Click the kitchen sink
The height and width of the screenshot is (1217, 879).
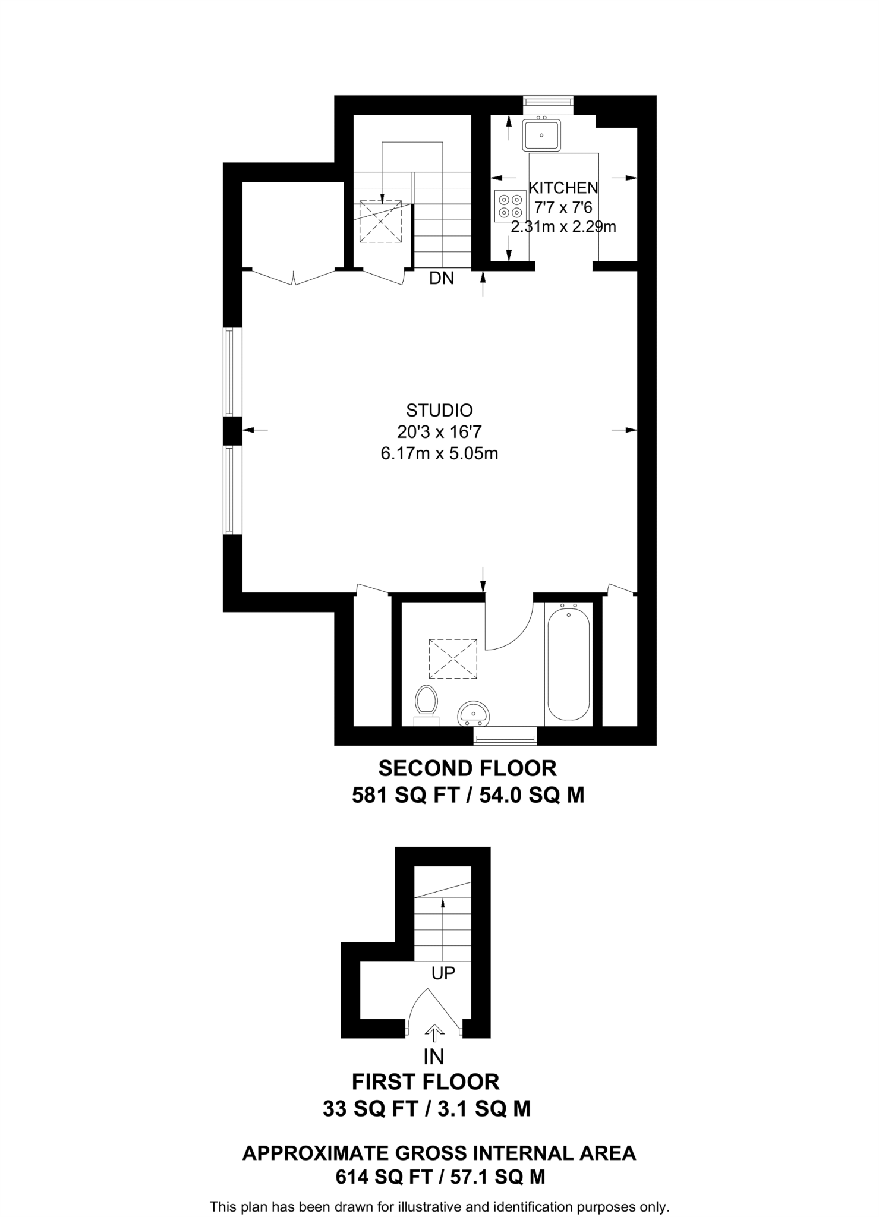[541, 135]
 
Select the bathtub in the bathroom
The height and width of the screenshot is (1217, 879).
[569, 663]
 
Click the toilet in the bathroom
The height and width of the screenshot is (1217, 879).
[426, 705]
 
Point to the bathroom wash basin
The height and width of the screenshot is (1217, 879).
[474, 712]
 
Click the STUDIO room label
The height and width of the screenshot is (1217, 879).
[439, 411]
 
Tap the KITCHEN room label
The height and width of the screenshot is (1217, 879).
[563, 188]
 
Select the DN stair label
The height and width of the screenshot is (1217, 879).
[442, 278]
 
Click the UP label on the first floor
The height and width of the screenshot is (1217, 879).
[443, 973]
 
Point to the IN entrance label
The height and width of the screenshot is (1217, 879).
[434, 1057]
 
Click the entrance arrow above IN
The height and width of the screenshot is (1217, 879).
[435, 1033]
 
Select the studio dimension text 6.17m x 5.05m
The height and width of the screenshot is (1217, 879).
[439, 454]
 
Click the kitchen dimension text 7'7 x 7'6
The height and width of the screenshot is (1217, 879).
[563, 207]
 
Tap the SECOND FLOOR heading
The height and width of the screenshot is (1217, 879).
[468, 768]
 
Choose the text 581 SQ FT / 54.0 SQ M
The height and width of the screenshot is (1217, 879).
[468, 795]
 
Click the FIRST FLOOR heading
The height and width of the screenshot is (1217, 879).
[426, 1082]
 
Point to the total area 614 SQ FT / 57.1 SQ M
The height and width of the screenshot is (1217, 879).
[440, 1177]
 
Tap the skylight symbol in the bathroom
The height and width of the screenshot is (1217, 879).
[453, 658]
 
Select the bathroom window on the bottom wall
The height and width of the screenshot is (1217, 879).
[505, 736]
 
